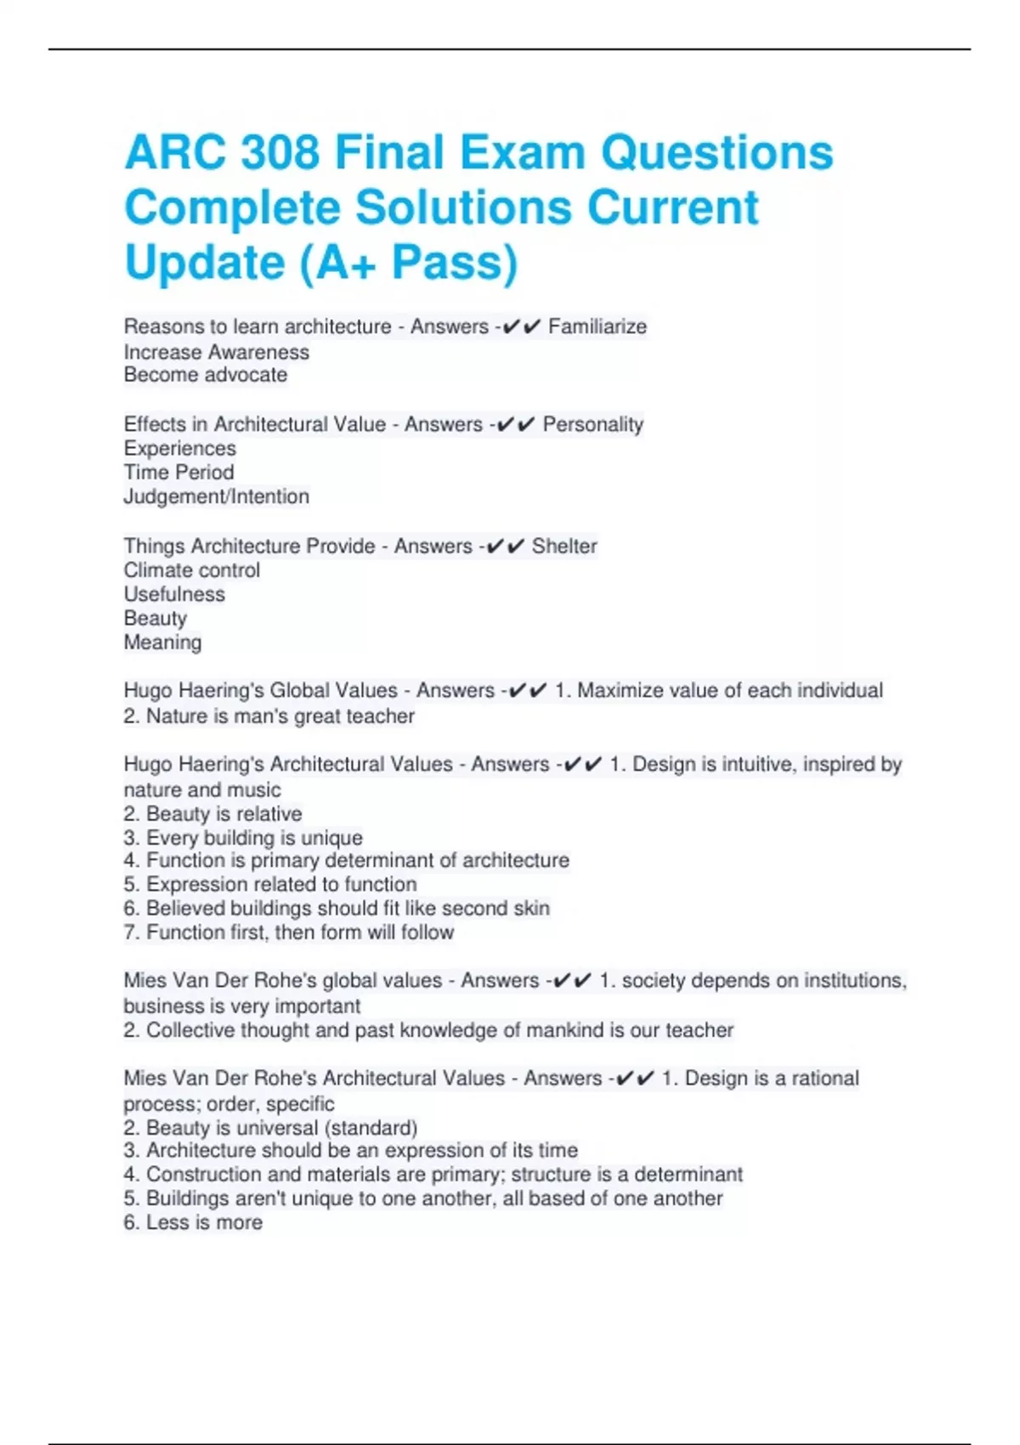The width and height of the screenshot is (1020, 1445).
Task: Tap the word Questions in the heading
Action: coord(717,153)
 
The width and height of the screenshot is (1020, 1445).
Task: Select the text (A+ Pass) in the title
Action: coord(408,262)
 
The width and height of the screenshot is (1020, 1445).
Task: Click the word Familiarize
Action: coord(598,326)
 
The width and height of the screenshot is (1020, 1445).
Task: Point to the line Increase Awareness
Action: coord(216,352)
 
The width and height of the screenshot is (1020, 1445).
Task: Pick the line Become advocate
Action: coord(205,375)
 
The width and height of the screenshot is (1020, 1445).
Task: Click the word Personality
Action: coord(592,424)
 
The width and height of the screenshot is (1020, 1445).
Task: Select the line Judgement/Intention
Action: coord(216,496)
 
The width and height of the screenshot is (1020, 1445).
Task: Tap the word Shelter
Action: coord(564,546)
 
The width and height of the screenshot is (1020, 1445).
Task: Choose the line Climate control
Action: coord(191,570)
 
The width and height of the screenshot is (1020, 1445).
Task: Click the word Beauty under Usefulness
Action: coord(155,618)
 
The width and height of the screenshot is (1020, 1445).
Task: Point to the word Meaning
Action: coord(162,643)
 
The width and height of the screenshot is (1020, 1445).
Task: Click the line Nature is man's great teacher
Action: coord(269,717)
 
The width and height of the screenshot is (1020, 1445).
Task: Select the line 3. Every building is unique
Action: coord(243,838)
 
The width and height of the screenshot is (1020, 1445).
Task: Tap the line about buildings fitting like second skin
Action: coord(337,909)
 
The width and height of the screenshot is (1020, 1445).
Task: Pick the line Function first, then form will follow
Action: coord(289,932)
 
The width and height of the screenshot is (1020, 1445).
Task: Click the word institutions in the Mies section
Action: coord(853,981)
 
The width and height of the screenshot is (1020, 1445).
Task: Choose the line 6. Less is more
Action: coord(193,1222)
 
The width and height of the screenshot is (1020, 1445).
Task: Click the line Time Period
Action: coord(178,473)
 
